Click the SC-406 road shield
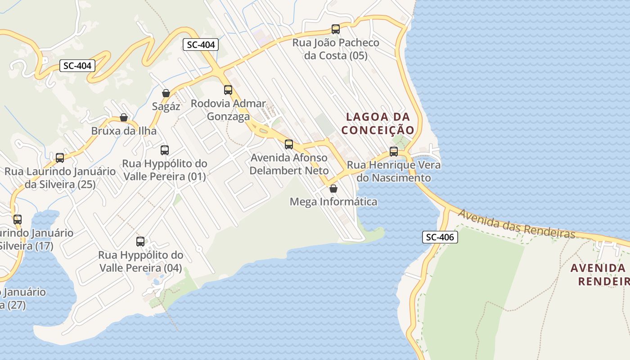click(440, 237)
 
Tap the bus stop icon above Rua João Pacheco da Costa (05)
click(335, 29)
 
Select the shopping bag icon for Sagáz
click(166, 93)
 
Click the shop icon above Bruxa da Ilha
click(124, 117)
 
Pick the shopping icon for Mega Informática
click(333, 188)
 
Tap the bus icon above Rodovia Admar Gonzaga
click(228, 90)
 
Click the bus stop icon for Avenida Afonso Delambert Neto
click(289, 144)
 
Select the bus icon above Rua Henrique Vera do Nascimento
click(394, 152)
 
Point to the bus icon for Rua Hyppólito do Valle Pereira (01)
click(165, 150)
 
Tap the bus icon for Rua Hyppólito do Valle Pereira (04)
click(140, 242)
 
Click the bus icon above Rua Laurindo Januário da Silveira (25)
click(60, 158)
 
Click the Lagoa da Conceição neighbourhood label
click(378, 123)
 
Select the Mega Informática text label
click(333, 202)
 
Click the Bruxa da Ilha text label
click(124, 131)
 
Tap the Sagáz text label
click(166, 107)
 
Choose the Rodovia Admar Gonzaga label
click(228, 110)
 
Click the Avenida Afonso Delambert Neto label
click(289, 165)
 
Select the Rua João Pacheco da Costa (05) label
click(336, 49)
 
